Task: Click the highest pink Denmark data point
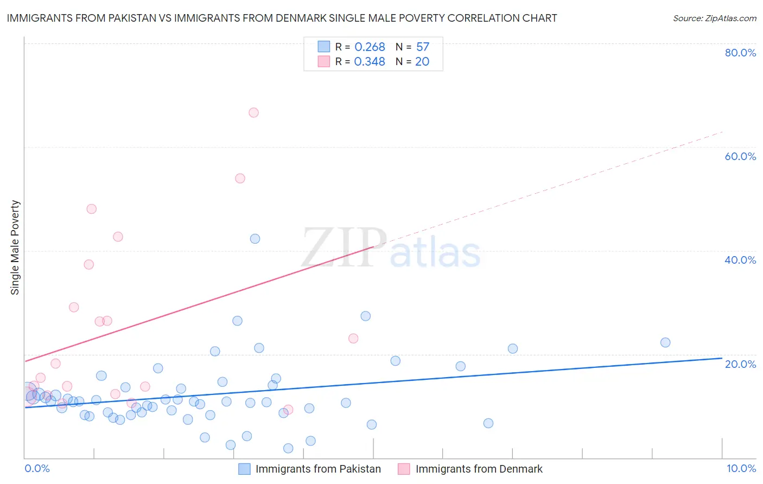[253, 113]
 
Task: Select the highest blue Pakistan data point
[255, 239]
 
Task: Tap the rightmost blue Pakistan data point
[665, 342]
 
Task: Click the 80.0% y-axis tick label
[740, 53]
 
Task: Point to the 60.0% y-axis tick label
[740, 156]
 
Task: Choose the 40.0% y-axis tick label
[740, 260]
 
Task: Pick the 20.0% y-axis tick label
[740, 364]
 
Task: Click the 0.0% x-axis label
[37, 468]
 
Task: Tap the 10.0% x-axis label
[741, 468]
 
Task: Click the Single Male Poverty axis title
[15, 247]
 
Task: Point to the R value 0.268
[370, 47]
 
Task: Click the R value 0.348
[370, 62]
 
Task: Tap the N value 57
[423, 47]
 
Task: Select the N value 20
[422, 62]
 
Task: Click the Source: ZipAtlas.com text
[714, 18]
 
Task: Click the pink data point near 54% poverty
[240, 179]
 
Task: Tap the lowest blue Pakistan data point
[288, 448]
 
